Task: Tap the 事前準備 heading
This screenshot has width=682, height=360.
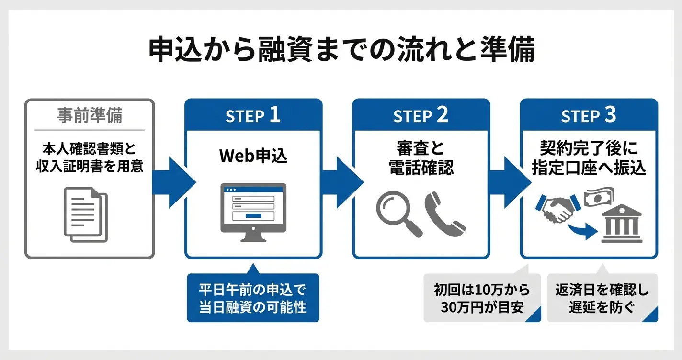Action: [90, 116]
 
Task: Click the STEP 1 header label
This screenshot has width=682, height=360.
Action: [253, 115]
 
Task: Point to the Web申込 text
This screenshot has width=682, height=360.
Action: [253, 156]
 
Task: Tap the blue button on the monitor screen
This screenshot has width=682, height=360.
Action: [253, 216]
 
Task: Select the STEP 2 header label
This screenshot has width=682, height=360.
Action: [421, 115]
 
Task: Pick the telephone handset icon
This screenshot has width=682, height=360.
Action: [443, 214]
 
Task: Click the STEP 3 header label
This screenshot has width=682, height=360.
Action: [589, 115]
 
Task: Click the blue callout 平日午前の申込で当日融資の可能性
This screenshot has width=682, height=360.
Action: [253, 298]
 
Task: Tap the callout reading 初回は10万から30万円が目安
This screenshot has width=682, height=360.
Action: [482, 298]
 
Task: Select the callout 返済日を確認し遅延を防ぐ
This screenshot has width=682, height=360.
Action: [602, 298]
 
